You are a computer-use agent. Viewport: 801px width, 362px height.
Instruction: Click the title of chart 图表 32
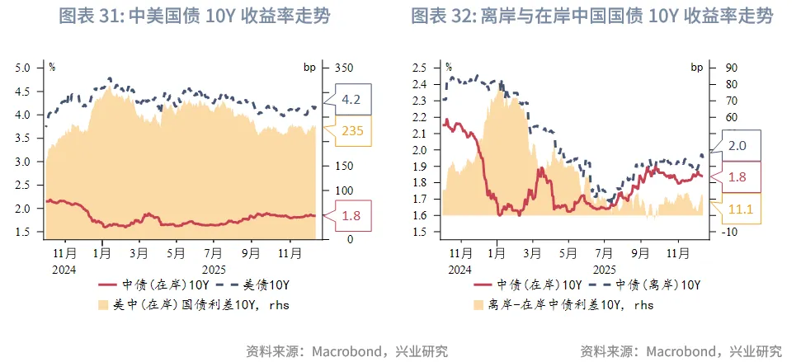[592, 17]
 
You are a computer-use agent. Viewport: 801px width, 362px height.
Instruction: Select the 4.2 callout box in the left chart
[351, 100]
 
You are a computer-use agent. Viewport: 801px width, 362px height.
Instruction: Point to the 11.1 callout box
[743, 210]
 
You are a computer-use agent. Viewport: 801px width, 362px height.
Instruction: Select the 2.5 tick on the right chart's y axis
[427, 68]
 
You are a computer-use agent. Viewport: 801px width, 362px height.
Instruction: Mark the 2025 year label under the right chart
[605, 270]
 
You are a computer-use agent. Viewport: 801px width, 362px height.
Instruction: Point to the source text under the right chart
[681, 350]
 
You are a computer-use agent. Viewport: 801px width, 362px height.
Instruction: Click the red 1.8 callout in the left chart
[351, 216]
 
